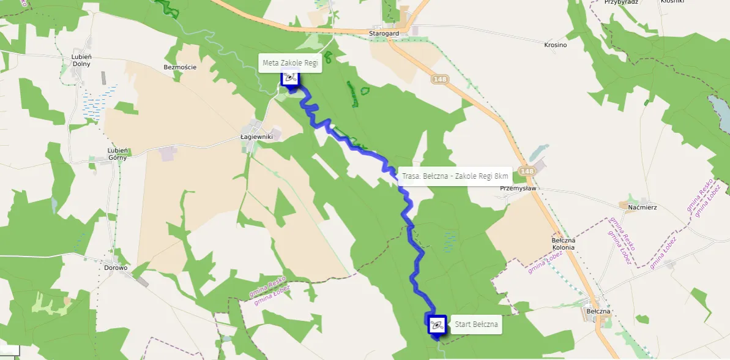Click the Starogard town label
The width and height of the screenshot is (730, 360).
[384, 33]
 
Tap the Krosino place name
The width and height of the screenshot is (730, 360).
[555, 45]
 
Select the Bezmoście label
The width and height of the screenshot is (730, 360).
[180, 67]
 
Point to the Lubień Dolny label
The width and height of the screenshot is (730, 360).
[81, 60]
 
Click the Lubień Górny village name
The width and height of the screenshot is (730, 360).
[117, 154]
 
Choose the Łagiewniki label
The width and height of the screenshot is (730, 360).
[256, 137]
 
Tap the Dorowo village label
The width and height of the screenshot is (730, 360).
[115, 268]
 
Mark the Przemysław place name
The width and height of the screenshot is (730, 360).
[518, 189]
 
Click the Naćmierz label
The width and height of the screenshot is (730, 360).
[642, 207]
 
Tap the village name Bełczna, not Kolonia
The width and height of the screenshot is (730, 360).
[598, 311]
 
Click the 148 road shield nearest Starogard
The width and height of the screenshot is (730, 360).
[439, 79]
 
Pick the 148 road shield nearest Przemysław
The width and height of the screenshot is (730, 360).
[526, 171]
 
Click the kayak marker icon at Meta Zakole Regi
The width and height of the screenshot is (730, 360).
[290, 78]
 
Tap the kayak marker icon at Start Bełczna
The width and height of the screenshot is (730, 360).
[436, 324]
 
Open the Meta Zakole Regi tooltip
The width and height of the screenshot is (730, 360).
[290, 62]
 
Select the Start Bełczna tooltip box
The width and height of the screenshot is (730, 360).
[476, 324]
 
